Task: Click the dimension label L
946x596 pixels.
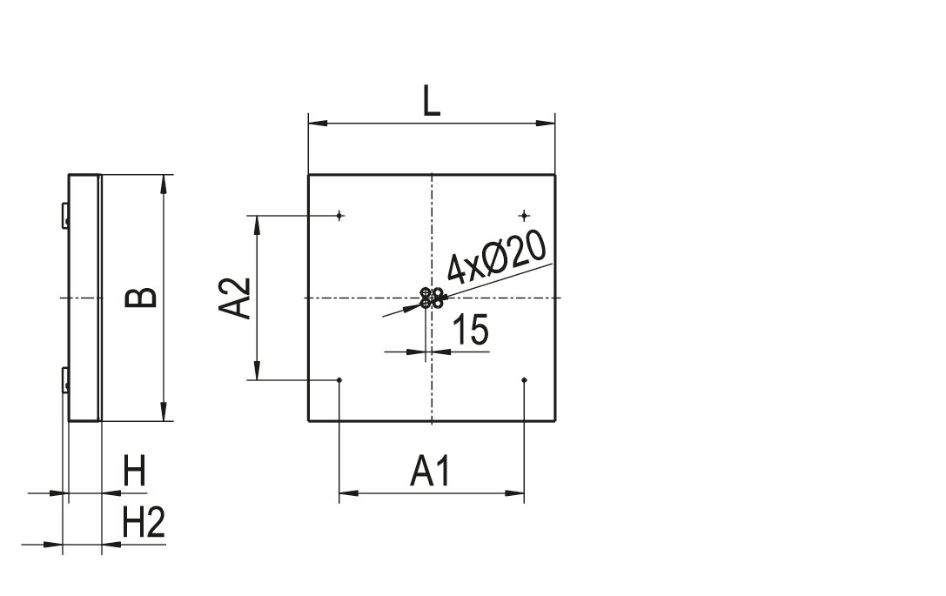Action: tap(432, 101)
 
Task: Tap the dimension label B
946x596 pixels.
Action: tap(141, 298)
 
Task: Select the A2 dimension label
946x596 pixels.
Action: tap(234, 298)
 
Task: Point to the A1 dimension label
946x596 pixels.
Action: tap(430, 471)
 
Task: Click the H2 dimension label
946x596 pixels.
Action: tap(144, 522)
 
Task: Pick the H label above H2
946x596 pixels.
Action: tap(135, 471)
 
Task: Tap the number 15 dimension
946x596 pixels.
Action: tap(471, 330)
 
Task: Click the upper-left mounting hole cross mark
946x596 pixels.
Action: tap(339, 215)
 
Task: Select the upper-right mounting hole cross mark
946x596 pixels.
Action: tap(524, 215)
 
